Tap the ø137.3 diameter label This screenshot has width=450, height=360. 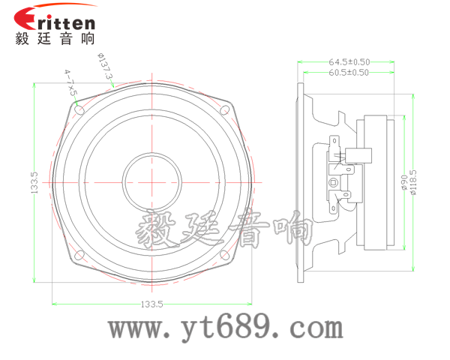(105, 67)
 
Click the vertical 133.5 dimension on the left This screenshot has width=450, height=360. (34, 182)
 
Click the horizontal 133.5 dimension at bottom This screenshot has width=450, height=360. (151, 304)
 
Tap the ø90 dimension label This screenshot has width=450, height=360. (404, 183)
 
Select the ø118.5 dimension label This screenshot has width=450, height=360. (414, 183)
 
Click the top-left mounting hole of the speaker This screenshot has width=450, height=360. (79, 110)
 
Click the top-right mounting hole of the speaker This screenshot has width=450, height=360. (223, 110)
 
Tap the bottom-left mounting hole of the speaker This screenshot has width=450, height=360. (79, 255)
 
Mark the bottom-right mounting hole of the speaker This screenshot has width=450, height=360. (223, 255)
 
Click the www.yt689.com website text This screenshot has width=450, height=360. (225, 328)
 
